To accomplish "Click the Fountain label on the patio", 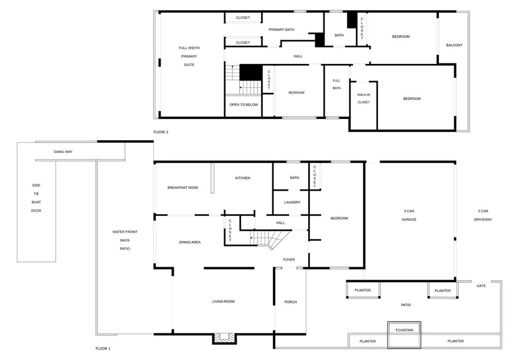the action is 405,330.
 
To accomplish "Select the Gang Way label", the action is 63,152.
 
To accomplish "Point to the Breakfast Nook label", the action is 183,188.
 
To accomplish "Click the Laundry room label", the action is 292,202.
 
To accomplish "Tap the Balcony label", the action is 454,45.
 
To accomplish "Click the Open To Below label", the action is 243,105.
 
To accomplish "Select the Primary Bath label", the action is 282,29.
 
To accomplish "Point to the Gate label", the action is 481,286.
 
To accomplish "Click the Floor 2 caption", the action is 161,132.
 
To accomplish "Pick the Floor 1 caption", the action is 103,349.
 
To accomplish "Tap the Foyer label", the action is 289,260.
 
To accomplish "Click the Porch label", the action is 291,302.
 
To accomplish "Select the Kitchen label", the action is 243,178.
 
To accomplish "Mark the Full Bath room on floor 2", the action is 337,91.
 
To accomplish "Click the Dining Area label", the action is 190,242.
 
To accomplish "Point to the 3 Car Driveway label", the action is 483,215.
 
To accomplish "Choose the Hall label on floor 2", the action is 298,57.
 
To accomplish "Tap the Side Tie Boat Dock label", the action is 37,198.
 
